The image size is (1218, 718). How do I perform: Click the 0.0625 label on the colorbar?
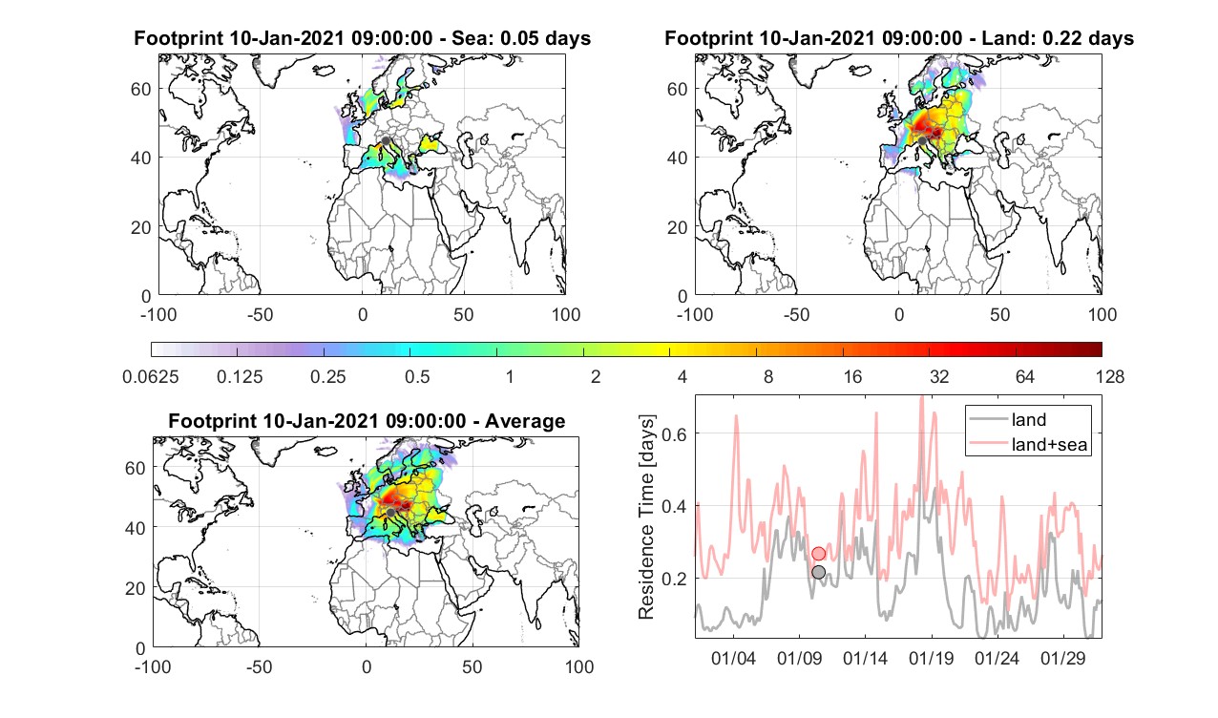pyautogui.click(x=151, y=376)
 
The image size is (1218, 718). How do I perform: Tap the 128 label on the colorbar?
pyautogui.click(x=1110, y=376)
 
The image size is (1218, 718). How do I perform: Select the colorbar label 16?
pyautogui.click(x=852, y=376)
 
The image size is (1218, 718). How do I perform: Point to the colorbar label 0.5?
pyautogui.click(x=417, y=376)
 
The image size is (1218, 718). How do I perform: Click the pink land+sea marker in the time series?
pyautogui.click(x=818, y=554)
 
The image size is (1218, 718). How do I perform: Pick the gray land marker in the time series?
pyautogui.click(x=818, y=572)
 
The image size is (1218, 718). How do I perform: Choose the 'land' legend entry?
pyautogui.click(x=1029, y=419)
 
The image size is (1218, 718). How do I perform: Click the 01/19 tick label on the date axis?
pyautogui.click(x=931, y=658)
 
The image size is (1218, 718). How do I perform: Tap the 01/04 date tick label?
pyautogui.click(x=733, y=658)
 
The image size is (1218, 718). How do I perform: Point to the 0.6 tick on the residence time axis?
pyautogui.click(x=674, y=433)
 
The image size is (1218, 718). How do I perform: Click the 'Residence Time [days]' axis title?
pyautogui.click(x=646, y=517)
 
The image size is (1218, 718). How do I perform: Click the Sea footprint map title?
pyautogui.click(x=362, y=38)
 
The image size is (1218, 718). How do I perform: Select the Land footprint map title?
pyautogui.click(x=899, y=38)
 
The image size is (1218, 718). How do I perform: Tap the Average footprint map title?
pyautogui.click(x=367, y=421)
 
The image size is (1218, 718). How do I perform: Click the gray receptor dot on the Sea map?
pyautogui.click(x=386, y=141)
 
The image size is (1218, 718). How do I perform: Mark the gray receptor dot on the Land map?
pyautogui.click(x=922, y=141)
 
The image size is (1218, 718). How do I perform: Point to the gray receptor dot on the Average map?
pyautogui.click(x=390, y=513)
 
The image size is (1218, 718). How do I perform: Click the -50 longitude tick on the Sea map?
pyautogui.click(x=260, y=315)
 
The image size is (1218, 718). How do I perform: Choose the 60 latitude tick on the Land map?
pyautogui.click(x=677, y=89)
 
